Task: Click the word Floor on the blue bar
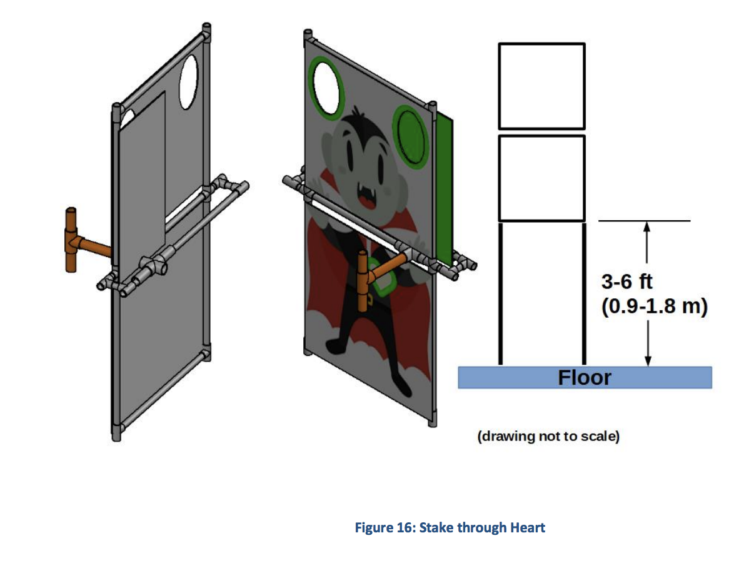click(x=585, y=378)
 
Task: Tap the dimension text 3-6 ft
click(x=626, y=282)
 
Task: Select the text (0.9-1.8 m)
click(x=654, y=307)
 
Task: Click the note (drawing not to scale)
click(x=548, y=436)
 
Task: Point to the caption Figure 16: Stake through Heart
click(x=450, y=527)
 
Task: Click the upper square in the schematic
click(x=541, y=86)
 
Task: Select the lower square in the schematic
click(x=541, y=178)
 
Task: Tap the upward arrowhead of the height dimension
click(x=647, y=228)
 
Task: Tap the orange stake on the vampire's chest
click(x=363, y=281)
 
